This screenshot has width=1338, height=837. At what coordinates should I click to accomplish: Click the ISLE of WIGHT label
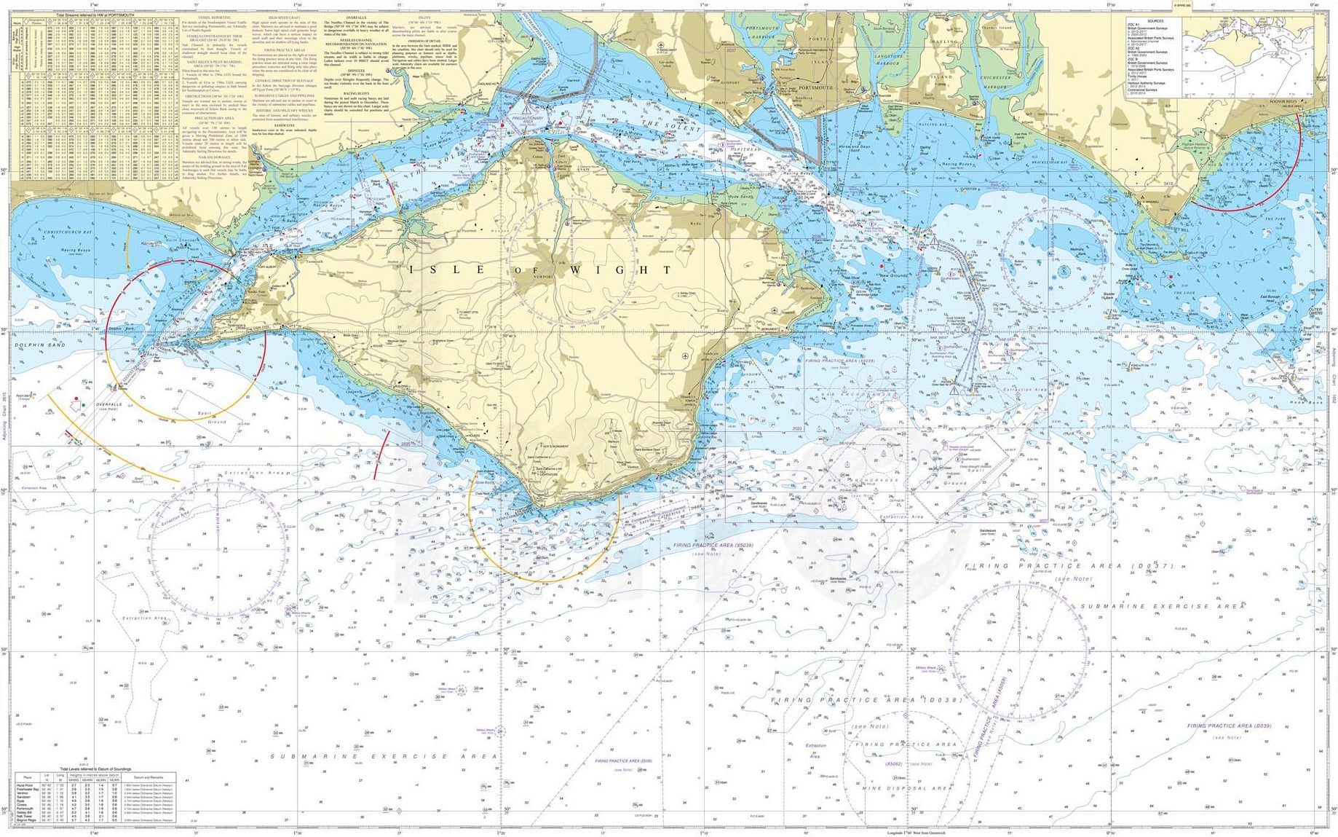[x=539, y=270]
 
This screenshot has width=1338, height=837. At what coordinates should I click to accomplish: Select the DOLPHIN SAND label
[x=40, y=345]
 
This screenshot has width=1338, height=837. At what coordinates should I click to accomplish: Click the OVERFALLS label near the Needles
[x=109, y=404]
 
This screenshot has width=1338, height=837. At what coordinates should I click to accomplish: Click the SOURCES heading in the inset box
[x=1155, y=21]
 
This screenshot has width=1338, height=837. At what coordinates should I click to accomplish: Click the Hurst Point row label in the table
[x=26, y=785]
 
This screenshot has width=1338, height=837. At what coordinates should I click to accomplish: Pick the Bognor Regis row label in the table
[x=26, y=820]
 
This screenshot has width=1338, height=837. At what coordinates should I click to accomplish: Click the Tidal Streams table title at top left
[x=94, y=15]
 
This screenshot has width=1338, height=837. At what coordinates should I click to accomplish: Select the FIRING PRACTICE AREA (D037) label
[x=1070, y=566]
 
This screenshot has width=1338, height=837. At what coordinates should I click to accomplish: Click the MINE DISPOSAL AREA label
[x=906, y=788]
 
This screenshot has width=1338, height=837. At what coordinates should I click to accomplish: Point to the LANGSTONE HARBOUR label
[x=889, y=60]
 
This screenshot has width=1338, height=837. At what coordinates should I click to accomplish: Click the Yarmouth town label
[x=314, y=261]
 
